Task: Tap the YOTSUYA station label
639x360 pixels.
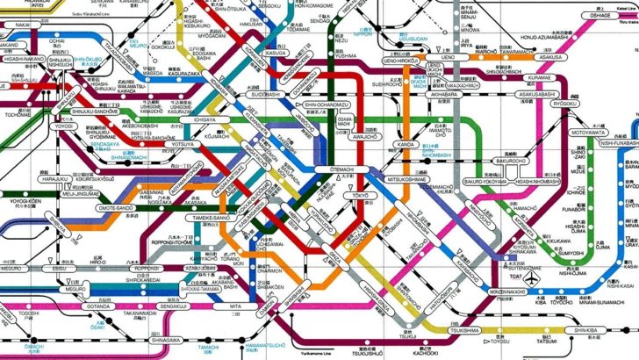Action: (x=183, y=143)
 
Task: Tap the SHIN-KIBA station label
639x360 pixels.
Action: (x=585, y=330)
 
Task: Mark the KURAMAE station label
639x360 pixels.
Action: (x=540, y=77)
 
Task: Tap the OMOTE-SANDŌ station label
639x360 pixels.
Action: (x=116, y=208)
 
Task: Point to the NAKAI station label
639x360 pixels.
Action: (x=22, y=25)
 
